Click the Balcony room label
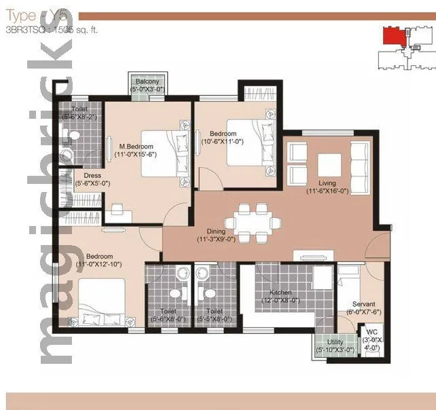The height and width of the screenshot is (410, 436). coord(147,81)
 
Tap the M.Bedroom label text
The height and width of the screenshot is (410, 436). coord(137,146)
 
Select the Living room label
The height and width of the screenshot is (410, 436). coord(329,182)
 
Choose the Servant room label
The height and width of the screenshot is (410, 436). coord(364,304)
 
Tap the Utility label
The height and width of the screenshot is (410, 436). coord(335,342)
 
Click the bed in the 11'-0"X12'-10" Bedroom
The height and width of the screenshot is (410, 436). coord(102,303)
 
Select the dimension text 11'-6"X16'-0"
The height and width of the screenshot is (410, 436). coord(329,191)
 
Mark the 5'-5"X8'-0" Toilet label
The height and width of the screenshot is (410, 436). coord(214,314)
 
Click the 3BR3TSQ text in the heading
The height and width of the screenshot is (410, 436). coord(20,29)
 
